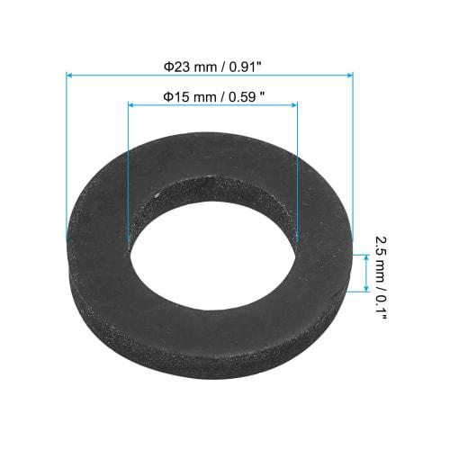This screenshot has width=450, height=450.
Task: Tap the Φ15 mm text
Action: [x=184, y=95]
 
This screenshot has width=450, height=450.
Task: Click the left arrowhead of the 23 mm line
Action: [x=70, y=76]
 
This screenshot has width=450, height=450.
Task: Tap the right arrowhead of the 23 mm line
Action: [x=350, y=76]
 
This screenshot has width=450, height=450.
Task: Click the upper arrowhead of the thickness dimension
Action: [x=365, y=257]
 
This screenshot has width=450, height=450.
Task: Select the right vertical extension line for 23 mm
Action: [x=354, y=162]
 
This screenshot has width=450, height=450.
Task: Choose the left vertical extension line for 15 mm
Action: [x=128, y=162]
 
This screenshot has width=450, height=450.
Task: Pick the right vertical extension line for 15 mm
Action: [x=297, y=162]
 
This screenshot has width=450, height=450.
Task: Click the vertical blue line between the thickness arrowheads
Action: [x=365, y=273]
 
